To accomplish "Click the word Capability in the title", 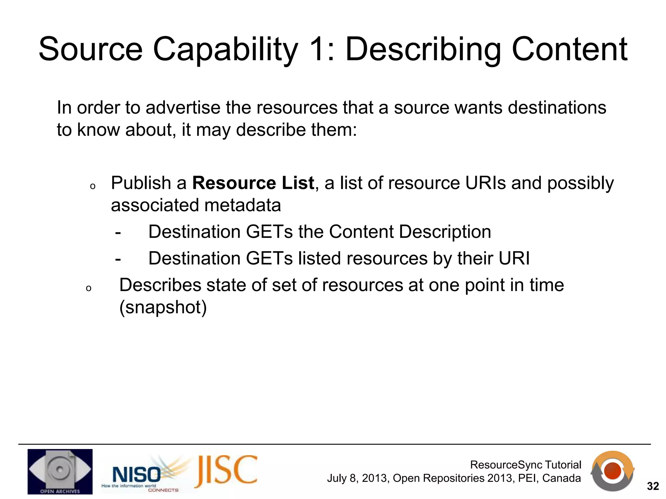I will pos(225,49).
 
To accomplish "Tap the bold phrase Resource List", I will pos(253,183).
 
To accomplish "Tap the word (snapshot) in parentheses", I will pos(163,307).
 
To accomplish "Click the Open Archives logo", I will pos(60,471).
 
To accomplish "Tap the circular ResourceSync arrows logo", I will pos(612,471).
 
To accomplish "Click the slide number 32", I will pos(653,486).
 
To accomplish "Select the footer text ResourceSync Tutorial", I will pos(526,465).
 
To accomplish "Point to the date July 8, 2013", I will pos(357,479).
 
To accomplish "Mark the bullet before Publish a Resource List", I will pos(93,186).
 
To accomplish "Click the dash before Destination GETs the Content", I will pos(118,232).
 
